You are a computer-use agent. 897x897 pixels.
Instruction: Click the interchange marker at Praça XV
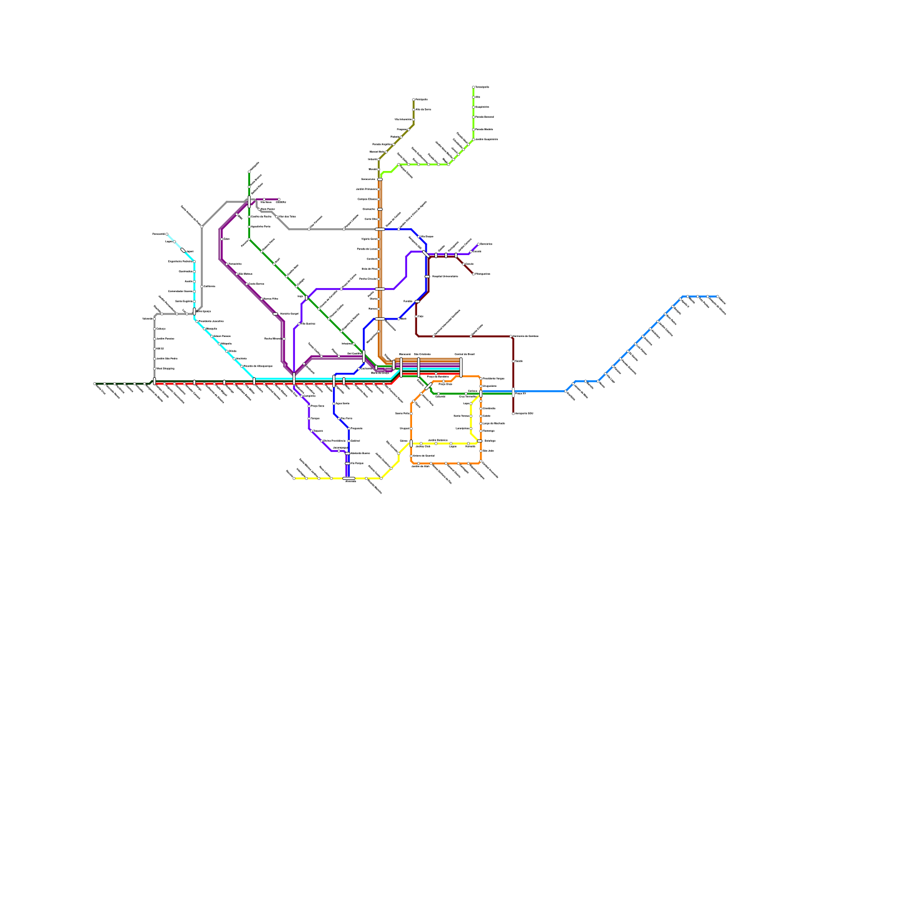point(513,392)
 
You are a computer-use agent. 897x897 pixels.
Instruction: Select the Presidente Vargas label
point(493,379)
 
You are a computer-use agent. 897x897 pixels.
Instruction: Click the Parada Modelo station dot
point(474,130)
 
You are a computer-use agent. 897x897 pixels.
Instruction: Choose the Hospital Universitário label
point(445,276)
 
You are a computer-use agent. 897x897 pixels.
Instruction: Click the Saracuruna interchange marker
point(380,179)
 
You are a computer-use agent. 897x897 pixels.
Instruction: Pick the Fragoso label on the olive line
point(401,130)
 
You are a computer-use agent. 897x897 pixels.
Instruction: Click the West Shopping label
point(165,369)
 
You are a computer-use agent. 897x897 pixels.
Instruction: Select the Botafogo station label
point(489,441)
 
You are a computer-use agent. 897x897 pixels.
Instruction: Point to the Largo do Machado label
point(493,423)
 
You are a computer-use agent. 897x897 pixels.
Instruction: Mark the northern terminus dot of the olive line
point(414,100)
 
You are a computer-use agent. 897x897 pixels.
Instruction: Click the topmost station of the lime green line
point(474,87)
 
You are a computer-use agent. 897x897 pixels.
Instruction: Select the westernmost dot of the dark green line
point(95,383)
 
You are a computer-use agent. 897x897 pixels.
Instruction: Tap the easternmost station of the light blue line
point(718,297)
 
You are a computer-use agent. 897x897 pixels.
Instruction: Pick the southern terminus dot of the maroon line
point(513,414)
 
